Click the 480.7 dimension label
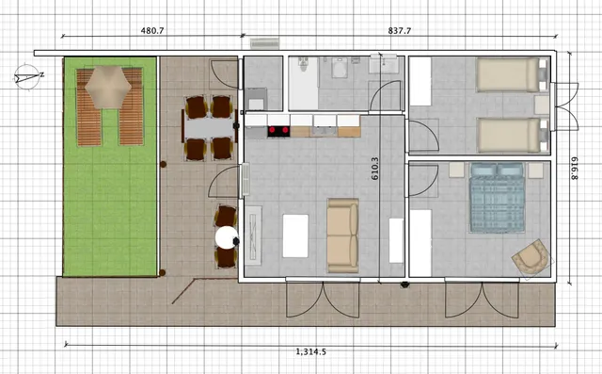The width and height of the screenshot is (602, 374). (x=152, y=31)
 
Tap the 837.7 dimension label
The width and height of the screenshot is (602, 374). (x=399, y=31)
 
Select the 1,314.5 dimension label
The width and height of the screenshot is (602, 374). (x=311, y=351)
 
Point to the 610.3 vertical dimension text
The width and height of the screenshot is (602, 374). (x=375, y=169)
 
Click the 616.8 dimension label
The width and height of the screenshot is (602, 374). (x=574, y=169)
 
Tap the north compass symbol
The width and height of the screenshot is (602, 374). (x=28, y=77)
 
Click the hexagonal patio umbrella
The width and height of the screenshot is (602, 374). (x=108, y=87)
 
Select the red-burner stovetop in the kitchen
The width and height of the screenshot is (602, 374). (x=278, y=132)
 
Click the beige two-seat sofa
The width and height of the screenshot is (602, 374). (x=342, y=236)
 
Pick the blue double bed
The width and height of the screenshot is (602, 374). (x=498, y=198)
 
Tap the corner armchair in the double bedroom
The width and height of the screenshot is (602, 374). (x=531, y=257)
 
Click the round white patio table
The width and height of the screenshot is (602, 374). (x=227, y=237)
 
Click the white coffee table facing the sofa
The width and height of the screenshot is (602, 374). (x=295, y=236)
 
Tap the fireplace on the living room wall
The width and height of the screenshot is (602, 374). (x=253, y=236)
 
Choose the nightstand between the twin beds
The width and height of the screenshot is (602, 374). (x=542, y=105)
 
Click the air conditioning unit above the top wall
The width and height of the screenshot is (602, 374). (x=264, y=43)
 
